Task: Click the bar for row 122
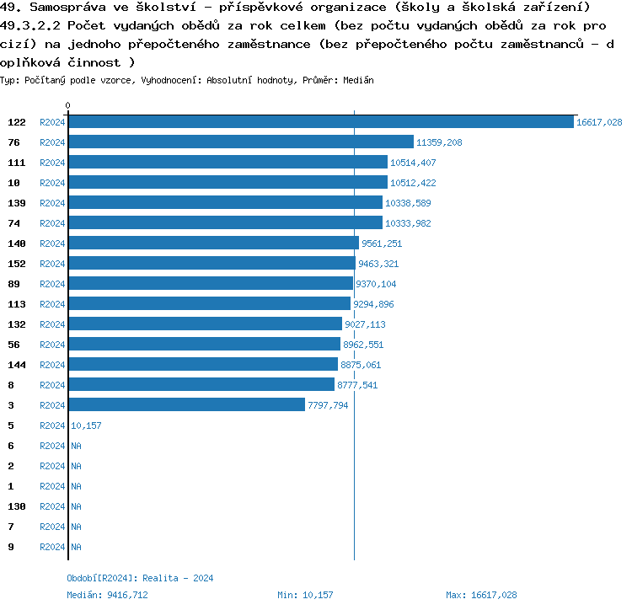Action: (320, 122)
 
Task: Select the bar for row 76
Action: (241, 142)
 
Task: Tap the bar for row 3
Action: (186, 405)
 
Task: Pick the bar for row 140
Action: (213, 243)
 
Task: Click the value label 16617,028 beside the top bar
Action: (599, 123)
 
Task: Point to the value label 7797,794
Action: (328, 406)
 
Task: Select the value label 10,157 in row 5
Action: (86, 426)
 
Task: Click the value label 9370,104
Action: (376, 285)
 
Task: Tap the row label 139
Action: (17, 203)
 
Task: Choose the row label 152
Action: (17, 264)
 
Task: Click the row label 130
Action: (17, 506)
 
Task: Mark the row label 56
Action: (13, 345)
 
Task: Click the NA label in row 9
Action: (76, 548)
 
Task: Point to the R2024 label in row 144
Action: (52, 365)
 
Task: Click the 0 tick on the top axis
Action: (67, 106)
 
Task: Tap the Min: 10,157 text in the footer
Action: (305, 595)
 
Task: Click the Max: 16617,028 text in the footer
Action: (481, 595)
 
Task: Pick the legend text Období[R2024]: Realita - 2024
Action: (140, 578)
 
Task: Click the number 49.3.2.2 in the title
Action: (32, 25)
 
